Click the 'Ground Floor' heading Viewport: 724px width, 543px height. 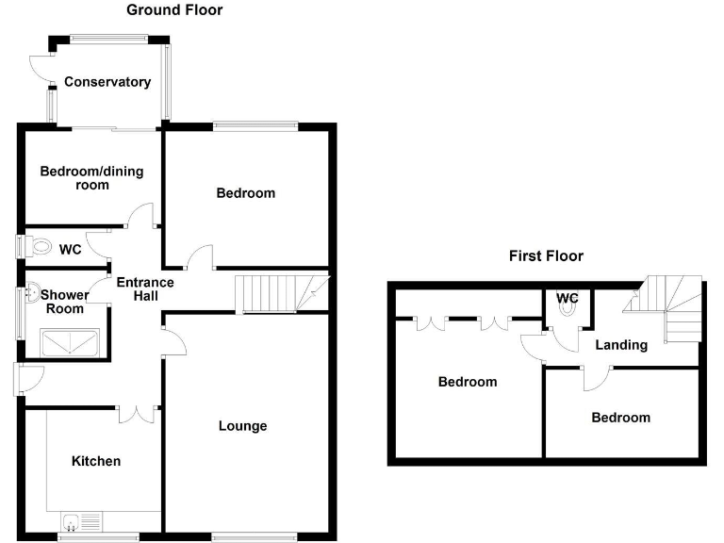pyautogui.click(x=174, y=10)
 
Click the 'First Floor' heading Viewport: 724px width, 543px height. pyautogui.click(x=546, y=255)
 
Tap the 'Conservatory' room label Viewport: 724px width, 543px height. pyautogui.click(x=107, y=82)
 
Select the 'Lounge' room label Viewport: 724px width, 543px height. pyautogui.click(x=243, y=426)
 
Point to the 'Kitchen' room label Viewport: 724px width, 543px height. pyautogui.click(x=96, y=461)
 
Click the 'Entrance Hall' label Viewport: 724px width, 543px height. pyautogui.click(x=144, y=288)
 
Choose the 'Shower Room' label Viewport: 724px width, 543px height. pyautogui.click(x=65, y=302)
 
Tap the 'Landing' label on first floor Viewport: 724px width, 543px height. pyautogui.click(x=621, y=345)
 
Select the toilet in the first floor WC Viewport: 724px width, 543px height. pyautogui.click(x=567, y=318)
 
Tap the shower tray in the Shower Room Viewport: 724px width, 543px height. pyautogui.click(x=72, y=341)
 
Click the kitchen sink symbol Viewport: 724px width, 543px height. pyautogui.click(x=79, y=521)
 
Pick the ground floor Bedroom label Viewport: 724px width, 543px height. pyautogui.click(x=246, y=193)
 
